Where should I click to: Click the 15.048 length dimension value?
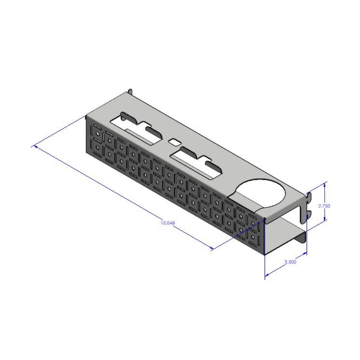[x=167, y=222]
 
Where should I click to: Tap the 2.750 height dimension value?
[x=324, y=205]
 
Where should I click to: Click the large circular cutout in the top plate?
[x=263, y=193]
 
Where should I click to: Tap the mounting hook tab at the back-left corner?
[x=130, y=91]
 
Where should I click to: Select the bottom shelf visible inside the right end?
[x=283, y=234]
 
